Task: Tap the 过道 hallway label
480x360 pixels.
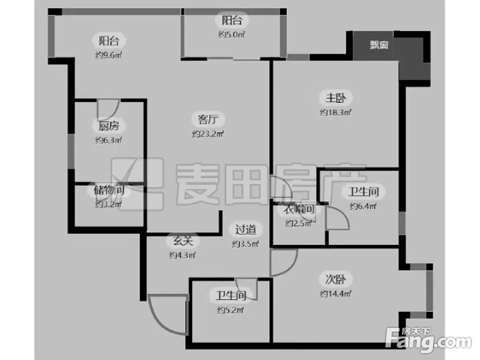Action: click(245, 229)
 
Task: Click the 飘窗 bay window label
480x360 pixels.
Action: click(379, 45)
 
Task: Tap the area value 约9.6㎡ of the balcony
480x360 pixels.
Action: click(108, 55)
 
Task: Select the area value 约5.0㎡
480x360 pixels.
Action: click(232, 35)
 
